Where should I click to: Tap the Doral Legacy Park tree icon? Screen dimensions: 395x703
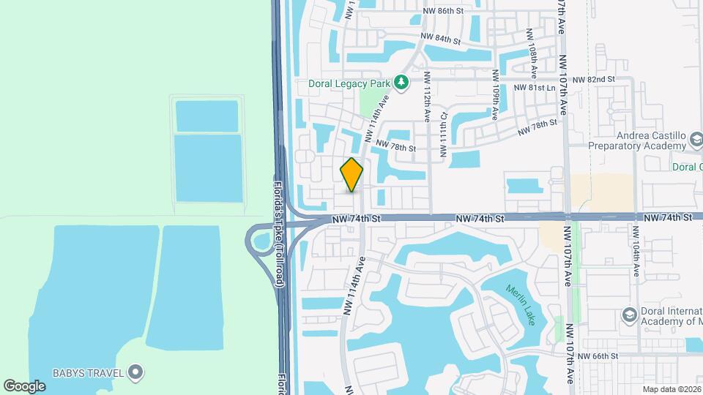coord(401,83)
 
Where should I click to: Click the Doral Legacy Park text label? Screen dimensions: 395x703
coord(349,83)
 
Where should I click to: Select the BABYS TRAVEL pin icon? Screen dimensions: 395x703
coord(135,373)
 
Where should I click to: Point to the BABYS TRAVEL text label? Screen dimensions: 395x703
coord(86,373)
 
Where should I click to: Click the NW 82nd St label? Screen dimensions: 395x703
coord(593,79)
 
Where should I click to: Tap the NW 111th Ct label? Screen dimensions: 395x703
coord(443,136)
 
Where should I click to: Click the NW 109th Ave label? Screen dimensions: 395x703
coord(496,95)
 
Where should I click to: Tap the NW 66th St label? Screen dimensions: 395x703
coord(598,356)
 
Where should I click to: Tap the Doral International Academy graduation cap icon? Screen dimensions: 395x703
coord(628,315)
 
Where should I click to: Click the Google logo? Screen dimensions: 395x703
coord(25,385)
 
